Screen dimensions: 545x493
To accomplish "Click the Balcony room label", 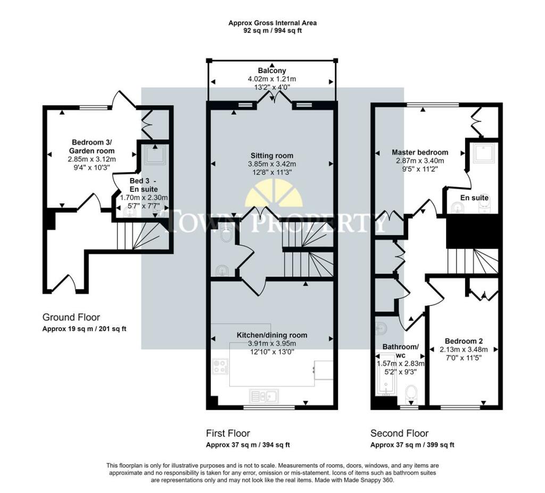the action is (272, 71).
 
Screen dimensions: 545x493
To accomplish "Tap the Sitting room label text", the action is (272, 156).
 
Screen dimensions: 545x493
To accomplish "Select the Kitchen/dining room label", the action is (272, 335).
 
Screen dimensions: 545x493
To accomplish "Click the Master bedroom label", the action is (420, 152).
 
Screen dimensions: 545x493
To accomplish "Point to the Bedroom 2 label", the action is (464, 341).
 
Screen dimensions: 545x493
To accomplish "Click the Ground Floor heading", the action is (71, 317).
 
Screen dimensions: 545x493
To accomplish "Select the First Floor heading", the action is (228, 433).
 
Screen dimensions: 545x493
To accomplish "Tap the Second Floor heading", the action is (399, 433).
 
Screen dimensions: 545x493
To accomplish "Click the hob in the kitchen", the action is (221, 366).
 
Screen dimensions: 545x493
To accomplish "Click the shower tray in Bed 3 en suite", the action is (155, 155).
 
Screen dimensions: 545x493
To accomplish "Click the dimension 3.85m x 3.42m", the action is (272, 164).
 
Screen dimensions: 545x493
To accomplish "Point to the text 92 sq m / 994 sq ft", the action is (272, 30).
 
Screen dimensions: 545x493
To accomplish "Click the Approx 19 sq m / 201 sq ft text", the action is (84, 329).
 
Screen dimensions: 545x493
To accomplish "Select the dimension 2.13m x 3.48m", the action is (464, 350).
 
